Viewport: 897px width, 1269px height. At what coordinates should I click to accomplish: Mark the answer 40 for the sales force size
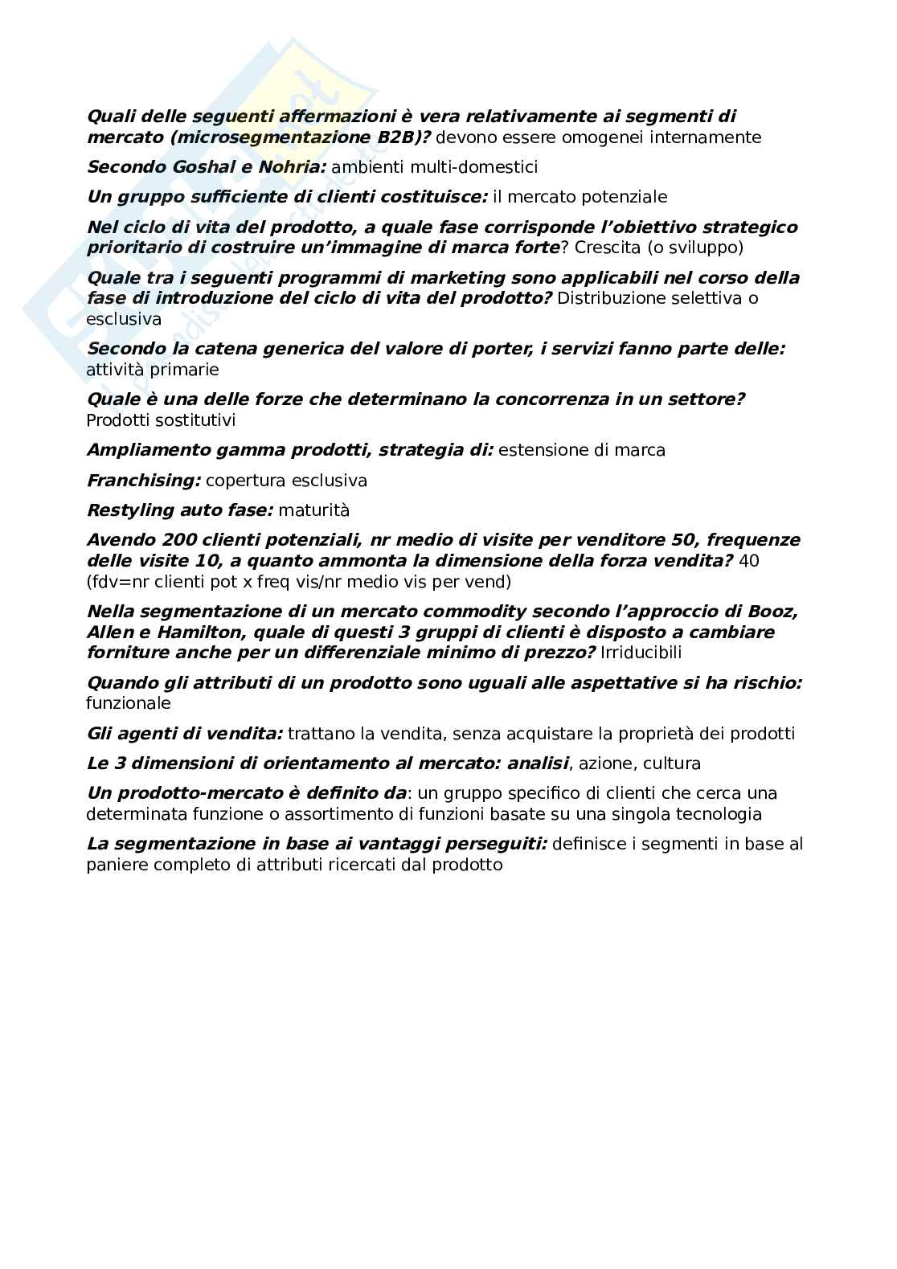[748, 561]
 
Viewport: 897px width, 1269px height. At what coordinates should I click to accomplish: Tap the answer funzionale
[129, 703]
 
